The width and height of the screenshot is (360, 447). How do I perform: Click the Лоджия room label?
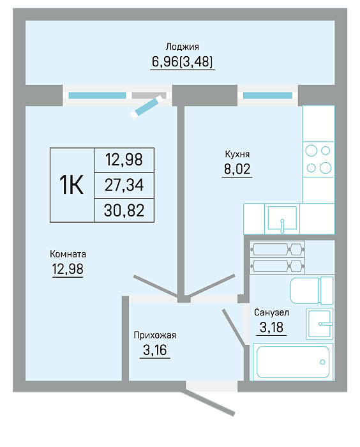pyautogui.click(x=182, y=47)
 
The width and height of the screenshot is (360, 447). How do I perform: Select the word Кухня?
pyautogui.click(x=237, y=155)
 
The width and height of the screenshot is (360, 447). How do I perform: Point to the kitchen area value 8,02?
pyautogui.click(x=237, y=169)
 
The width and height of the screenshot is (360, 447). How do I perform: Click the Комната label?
pyautogui.click(x=68, y=254)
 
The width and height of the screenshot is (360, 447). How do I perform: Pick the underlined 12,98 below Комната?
pyautogui.click(x=68, y=269)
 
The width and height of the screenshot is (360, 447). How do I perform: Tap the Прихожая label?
pyautogui.click(x=154, y=335)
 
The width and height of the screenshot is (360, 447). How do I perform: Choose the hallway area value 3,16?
pyautogui.click(x=154, y=350)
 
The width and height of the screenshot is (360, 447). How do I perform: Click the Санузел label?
pyautogui.click(x=271, y=312)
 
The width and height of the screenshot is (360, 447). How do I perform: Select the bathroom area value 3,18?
pyautogui.click(x=271, y=327)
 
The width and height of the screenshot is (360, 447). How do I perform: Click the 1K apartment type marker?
pyautogui.click(x=71, y=185)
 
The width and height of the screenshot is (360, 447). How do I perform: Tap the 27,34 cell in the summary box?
pyautogui.click(x=124, y=185)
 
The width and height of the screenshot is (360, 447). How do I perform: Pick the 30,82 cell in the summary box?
pyautogui.click(x=124, y=211)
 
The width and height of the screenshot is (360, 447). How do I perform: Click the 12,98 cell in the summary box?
pyautogui.click(x=124, y=160)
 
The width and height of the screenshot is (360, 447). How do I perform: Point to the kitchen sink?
pyautogui.click(x=282, y=218)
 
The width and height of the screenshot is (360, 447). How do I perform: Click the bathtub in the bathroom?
pyautogui.click(x=293, y=362)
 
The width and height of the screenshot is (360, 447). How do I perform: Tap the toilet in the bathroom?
pyautogui.click(x=311, y=291)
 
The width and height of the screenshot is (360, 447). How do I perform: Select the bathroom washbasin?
pyautogui.click(x=320, y=324)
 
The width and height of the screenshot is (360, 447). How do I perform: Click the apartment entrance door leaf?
pyautogui.click(x=207, y=404)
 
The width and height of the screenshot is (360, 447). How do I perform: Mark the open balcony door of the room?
pyautogui.click(x=146, y=107)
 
